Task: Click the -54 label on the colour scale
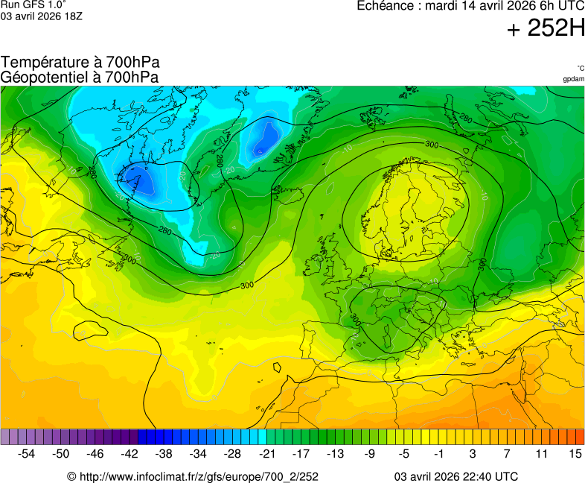coord(27,452)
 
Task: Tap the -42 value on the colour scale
coord(130,452)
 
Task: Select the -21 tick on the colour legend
coord(266,452)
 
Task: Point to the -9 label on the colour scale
coord(369,452)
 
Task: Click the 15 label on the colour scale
coord(575,452)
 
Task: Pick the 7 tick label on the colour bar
coord(506,452)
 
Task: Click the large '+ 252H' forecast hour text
coord(545,28)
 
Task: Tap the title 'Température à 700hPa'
coord(80,63)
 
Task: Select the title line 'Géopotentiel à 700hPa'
coord(80,77)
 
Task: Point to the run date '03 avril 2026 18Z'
coord(41,16)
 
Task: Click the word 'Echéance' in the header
coord(385,6)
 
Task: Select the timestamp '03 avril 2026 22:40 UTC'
coord(455,476)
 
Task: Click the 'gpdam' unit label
coord(573,78)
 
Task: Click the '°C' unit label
coord(580,68)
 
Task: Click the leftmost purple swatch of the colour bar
coord(5,437)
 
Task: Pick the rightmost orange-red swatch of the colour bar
coord(580,437)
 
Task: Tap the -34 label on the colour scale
coord(198,452)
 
